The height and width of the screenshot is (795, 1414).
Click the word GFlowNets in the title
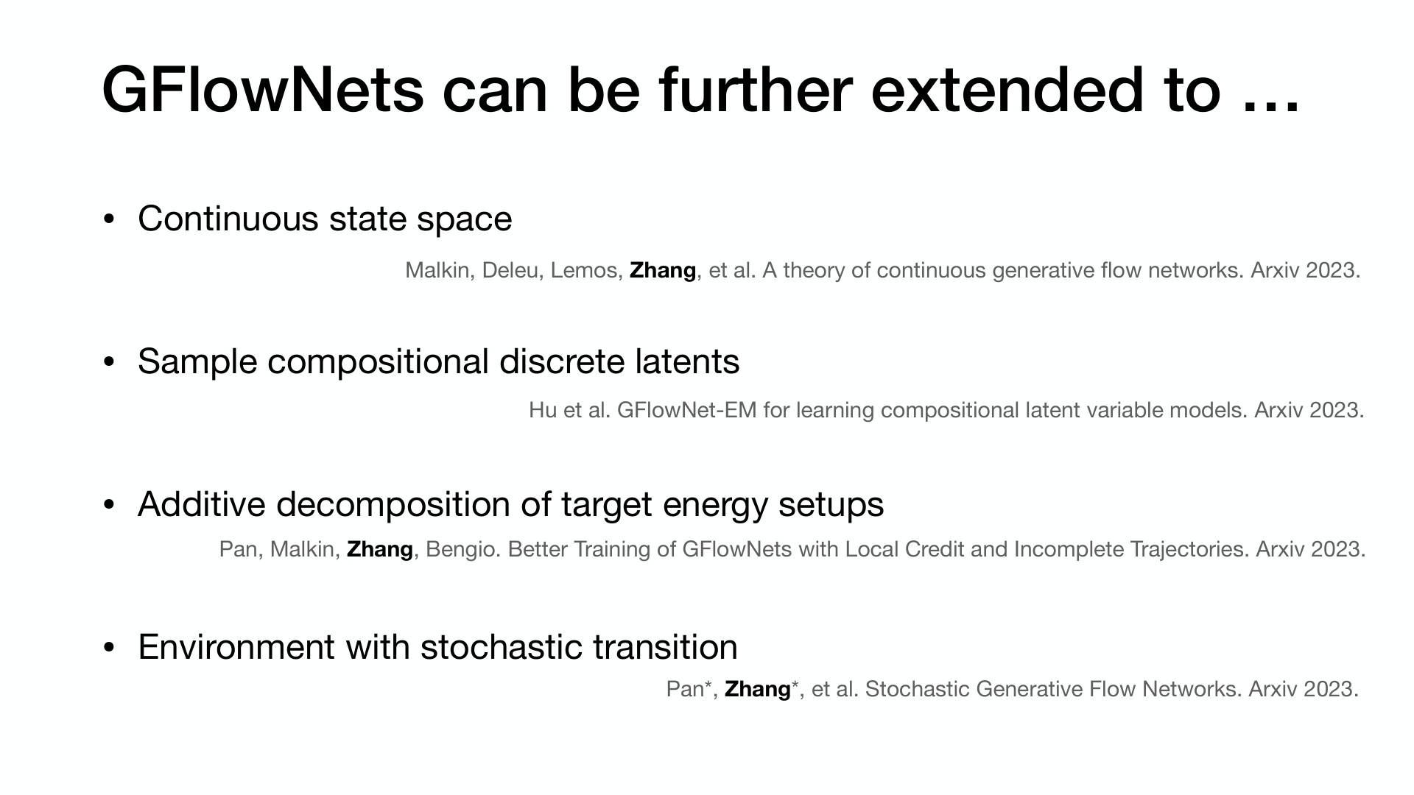tap(263, 91)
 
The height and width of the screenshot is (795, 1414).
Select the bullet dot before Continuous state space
tap(110, 219)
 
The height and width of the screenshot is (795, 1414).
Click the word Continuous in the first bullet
tap(228, 219)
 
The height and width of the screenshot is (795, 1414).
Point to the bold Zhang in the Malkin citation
tap(663, 271)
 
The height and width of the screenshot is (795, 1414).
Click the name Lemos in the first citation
tap(583, 270)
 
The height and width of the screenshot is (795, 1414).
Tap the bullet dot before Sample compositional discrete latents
tap(110, 362)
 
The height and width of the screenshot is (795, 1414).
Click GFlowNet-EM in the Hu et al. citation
tap(686, 410)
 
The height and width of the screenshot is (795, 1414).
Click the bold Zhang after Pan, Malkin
tap(380, 550)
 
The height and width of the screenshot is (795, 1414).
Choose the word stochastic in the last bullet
tap(502, 647)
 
